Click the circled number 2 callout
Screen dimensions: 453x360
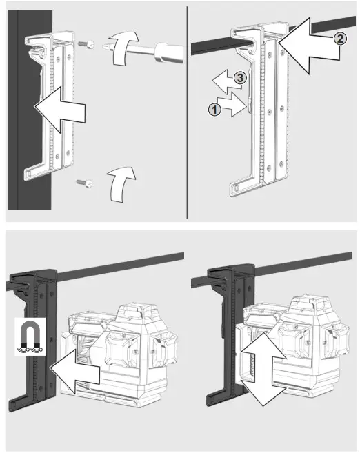pos(339,39)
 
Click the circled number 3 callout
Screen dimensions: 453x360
pos(238,79)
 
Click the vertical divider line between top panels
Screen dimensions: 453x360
pos(187,110)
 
